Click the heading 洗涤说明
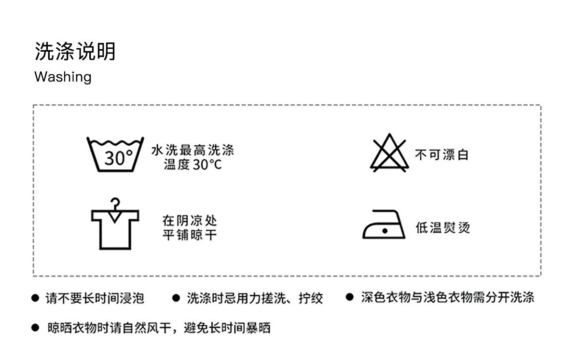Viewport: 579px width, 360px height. [x=75, y=52]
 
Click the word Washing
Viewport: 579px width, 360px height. [x=63, y=77]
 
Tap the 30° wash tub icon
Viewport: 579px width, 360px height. [x=115, y=154]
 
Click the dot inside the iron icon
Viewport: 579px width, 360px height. [x=385, y=231]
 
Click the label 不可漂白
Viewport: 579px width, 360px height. [x=441, y=155]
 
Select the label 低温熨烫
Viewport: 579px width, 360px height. [x=442, y=228]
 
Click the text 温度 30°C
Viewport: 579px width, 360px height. [x=193, y=165]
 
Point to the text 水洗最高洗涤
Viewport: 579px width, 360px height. [x=193, y=150]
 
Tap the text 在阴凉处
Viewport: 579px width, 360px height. [x=190, y=221]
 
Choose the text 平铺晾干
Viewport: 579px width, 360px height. [x=190, y=235]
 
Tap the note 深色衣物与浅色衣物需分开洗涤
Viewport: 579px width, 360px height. [x=448, y=297]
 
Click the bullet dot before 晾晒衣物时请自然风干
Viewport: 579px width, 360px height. [x=35, y=328]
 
